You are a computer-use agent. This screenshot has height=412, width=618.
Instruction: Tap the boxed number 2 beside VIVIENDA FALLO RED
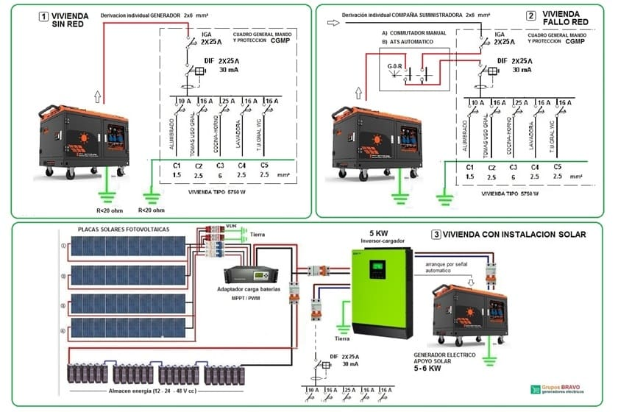pos(531,15)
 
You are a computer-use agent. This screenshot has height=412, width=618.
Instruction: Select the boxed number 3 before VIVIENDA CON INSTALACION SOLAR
pos(436,235)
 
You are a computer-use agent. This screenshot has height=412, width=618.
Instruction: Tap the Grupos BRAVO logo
pos(566,390)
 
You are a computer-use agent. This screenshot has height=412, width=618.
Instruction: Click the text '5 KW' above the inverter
pos(378,234)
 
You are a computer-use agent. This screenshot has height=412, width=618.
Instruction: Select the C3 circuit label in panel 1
pos(221,166)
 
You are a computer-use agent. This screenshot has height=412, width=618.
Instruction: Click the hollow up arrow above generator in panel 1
pos(98,96)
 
